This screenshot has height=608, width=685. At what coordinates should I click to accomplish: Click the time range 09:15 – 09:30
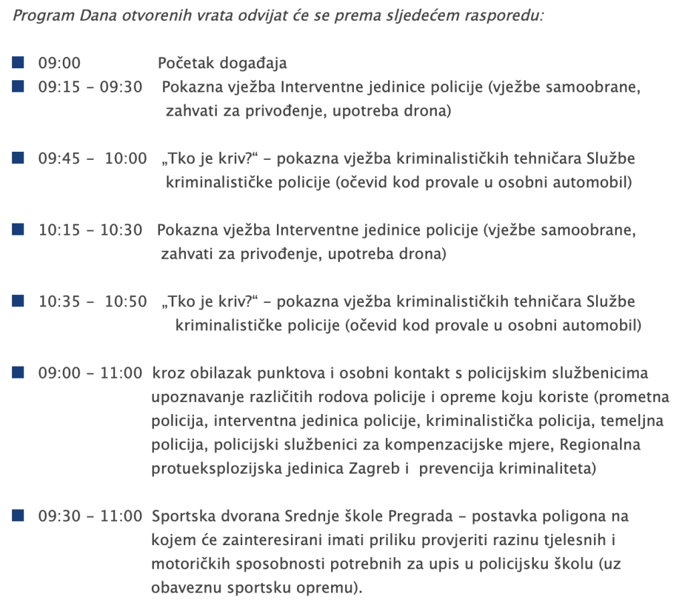[x=90, y=87]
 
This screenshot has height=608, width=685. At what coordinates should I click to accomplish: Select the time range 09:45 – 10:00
[x=92, y=159]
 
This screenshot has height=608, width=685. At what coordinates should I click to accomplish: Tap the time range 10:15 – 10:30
[x=90, y=230]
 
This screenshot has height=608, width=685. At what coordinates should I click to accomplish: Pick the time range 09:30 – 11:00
[x=90, y=516]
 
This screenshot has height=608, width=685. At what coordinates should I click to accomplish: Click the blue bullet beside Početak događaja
[x=18, y=63]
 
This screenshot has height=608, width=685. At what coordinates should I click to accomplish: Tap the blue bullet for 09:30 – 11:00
[x=18, y=516]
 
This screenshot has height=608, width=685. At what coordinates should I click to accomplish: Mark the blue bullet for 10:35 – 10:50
[x=18, y=301]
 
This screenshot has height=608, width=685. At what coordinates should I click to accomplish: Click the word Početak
[x=182, y=64]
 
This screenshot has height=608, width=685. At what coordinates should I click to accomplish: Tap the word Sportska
[x=179, y=516]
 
